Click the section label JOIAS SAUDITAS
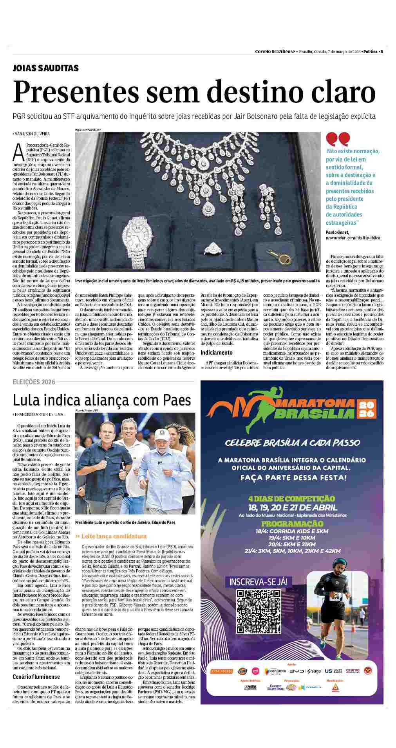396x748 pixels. [x=45, y=68]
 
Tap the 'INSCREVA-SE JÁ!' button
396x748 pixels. [x=259, y=581]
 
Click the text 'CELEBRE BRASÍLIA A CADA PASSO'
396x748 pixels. [x=292, y=443]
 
